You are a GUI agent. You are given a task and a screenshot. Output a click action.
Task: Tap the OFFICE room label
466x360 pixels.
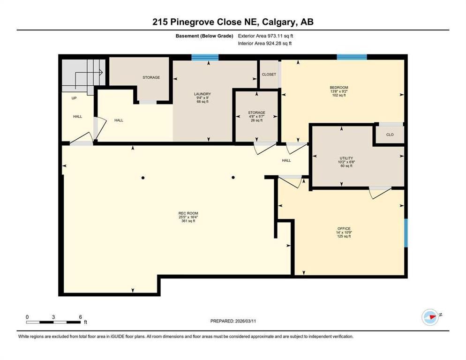[x=344, y=228]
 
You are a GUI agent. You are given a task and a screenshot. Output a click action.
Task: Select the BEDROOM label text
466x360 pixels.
[x=338, y=87]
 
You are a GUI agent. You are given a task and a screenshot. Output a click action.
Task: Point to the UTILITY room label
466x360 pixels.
[x=346, y=158]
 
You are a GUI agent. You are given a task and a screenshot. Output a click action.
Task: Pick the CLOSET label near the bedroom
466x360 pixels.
[x=269, y=75]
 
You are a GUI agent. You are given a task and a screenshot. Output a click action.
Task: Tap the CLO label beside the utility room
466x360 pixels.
[x=390, y=135]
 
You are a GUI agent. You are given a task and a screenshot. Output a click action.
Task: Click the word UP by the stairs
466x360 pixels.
[x=74, y=98]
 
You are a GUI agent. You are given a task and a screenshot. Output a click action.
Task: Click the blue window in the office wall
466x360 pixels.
[x=406, y=232]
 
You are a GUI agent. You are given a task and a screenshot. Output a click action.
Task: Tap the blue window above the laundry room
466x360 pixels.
[x=205, y=58]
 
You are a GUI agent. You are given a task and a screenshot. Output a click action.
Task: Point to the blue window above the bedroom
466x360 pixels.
[x=352, y=58]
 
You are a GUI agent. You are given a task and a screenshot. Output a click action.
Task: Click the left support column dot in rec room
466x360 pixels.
[x=143, y=177]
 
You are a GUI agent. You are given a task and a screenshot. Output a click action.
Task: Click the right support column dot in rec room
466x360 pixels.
[x=233, y=177]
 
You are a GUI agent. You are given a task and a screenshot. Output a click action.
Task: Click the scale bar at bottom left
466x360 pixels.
[x=53, y=322]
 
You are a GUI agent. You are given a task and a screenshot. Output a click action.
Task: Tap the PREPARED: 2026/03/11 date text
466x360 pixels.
[x=233, y=321]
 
